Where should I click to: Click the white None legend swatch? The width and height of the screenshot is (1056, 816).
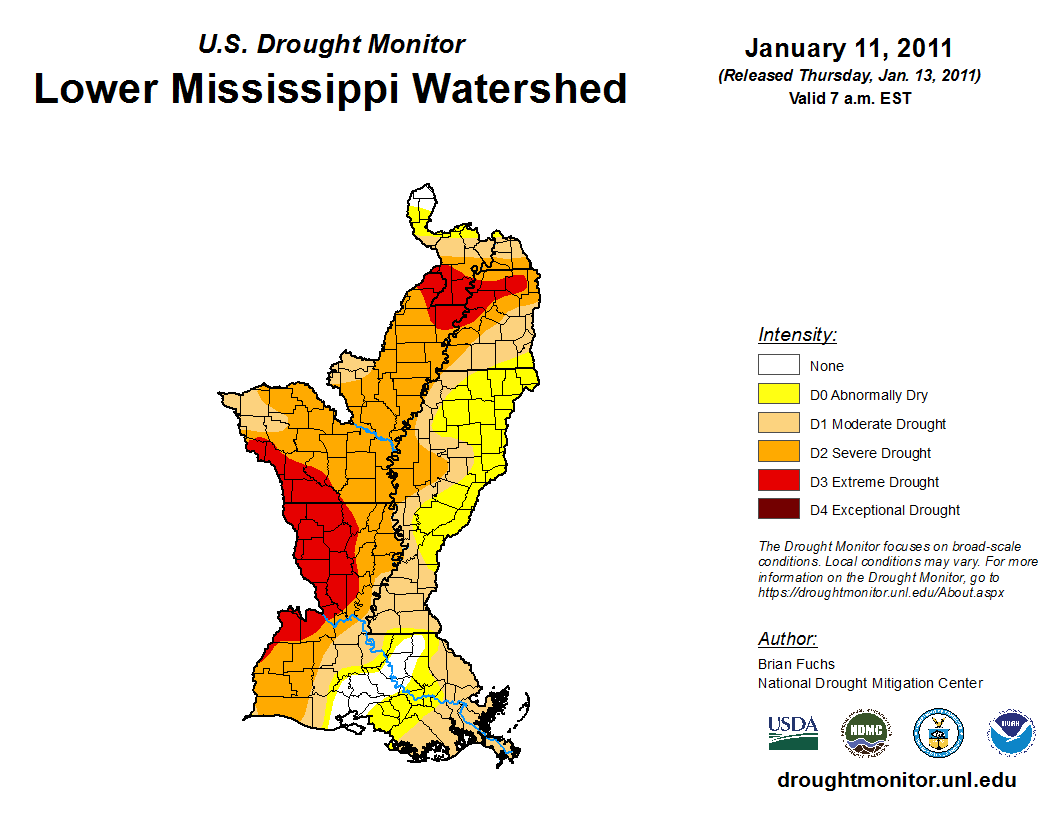point(778,366)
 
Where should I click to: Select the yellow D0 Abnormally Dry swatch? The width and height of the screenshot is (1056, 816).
point(778,395)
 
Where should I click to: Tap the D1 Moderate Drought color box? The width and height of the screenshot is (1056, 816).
point(778,424)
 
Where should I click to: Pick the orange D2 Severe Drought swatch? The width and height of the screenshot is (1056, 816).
point(778,453)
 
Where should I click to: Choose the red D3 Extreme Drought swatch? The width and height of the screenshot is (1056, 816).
point(778,482)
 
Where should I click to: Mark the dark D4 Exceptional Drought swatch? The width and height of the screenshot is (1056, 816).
point(778,510)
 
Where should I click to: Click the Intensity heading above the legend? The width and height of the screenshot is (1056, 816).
point(797,335)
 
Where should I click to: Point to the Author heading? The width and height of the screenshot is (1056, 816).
point(787,639)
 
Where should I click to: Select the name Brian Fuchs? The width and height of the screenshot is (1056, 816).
point(796,664)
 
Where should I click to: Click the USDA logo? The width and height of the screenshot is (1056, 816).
point(793,732)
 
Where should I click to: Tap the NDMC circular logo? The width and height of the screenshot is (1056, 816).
point(865,733)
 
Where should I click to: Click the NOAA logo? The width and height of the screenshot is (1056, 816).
point(1012,733)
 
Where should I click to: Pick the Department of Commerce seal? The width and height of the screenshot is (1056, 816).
point(938,733)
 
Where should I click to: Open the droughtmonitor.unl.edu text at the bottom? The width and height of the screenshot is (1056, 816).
point(896,781)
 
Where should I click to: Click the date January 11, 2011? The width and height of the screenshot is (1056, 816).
point(848,48)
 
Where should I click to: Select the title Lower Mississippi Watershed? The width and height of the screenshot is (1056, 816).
point(330,88)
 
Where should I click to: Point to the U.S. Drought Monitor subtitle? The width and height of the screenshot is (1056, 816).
point(331,44)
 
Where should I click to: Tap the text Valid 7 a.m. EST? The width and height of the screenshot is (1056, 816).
point(848,98)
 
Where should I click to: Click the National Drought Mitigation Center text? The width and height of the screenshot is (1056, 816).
point(870,683)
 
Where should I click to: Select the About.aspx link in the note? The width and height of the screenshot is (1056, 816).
point(880,592)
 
